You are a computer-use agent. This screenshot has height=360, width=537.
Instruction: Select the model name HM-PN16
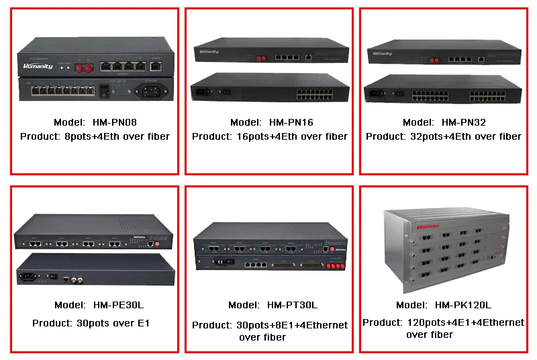coord(291,122)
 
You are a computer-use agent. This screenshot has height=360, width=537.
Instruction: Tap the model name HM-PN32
coord(463,122)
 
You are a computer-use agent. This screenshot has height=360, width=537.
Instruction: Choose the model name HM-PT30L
coord(293,305)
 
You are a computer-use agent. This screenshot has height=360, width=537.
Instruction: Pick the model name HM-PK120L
coord(462,305)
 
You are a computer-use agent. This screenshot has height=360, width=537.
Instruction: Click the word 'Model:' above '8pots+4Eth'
coord(67,122)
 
